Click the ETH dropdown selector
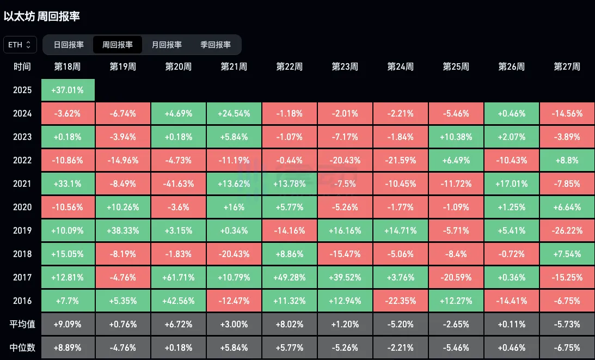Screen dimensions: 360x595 20,45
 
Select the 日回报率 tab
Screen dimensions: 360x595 69,45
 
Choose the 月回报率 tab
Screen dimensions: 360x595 167,45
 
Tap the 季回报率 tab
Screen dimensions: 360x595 216,45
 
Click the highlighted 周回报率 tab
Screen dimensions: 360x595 118,45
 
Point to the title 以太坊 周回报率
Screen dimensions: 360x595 42,16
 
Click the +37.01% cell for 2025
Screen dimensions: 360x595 68,90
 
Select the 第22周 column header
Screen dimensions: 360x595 290,67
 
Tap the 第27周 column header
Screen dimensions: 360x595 567,67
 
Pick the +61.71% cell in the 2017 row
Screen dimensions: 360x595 179,277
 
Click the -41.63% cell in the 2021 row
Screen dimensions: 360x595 179,184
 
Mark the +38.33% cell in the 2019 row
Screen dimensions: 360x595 123,230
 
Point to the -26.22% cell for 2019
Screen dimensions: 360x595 567,230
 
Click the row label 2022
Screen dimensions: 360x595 22,160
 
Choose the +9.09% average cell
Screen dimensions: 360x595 68,324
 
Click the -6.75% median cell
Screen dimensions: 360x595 567,347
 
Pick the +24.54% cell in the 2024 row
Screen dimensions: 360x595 234,113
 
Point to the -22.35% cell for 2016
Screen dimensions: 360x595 401,301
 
